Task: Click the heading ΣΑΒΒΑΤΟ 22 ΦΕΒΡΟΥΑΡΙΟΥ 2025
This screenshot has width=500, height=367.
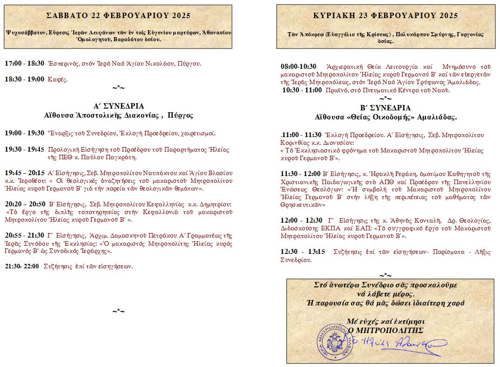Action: (118, 15)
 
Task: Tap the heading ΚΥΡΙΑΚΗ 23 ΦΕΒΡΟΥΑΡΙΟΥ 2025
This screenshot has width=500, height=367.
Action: (385, 15)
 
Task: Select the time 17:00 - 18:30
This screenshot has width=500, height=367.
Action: (24, 63)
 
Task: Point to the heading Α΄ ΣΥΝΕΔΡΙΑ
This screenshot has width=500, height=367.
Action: (118, 106)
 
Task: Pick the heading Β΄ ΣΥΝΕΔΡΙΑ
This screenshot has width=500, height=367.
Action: (385, 108)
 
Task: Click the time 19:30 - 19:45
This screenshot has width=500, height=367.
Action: (24, 149)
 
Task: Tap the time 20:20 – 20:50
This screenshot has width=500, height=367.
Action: (25, 205)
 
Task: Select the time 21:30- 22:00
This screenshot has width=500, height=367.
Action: (22, 266)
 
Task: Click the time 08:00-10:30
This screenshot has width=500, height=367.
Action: (299, 67)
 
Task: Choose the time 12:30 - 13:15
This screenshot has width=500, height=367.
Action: (303, 252)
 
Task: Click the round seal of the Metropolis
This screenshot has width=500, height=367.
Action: (333, 342)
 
